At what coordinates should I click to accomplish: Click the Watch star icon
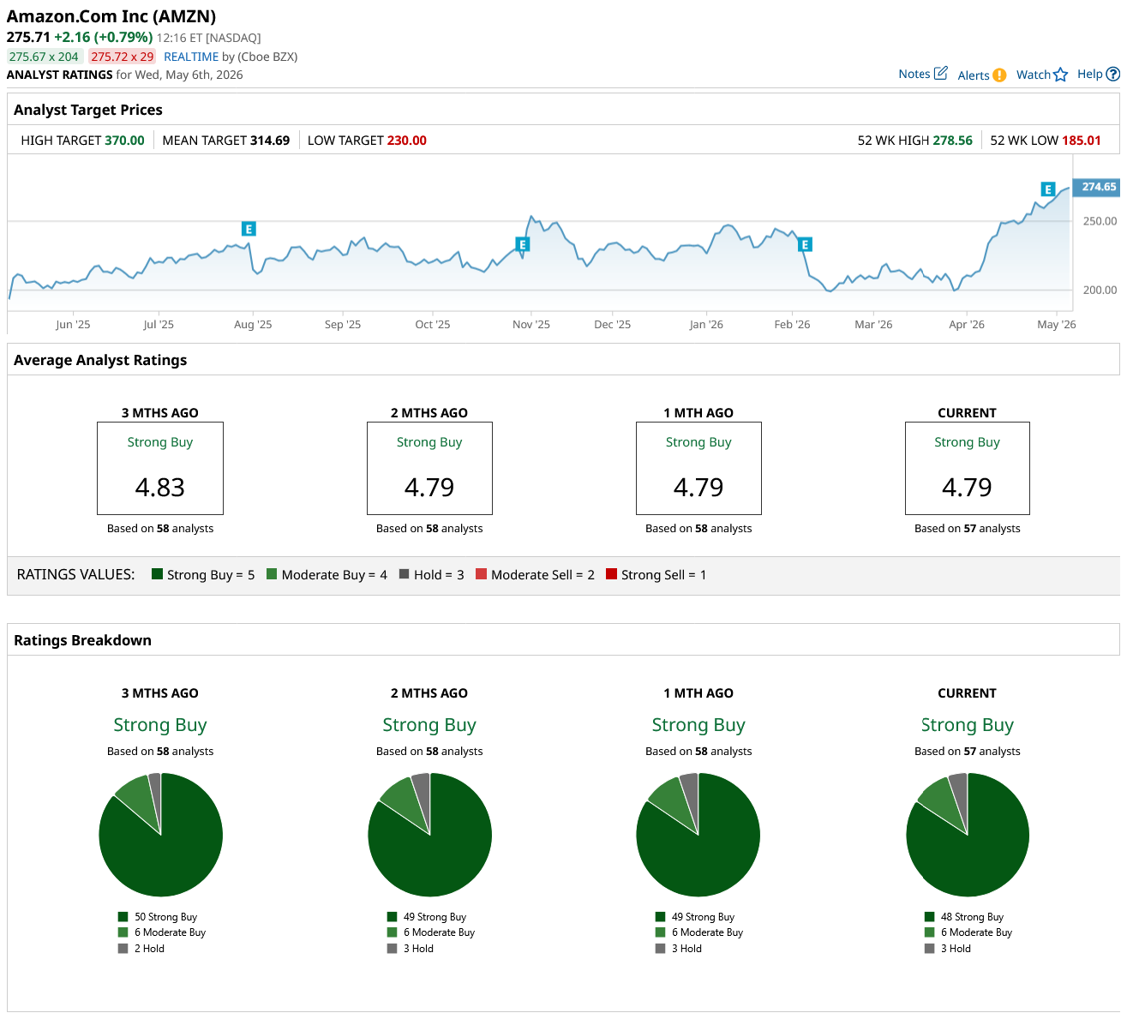coord(1060,75)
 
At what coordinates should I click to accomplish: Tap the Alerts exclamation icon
coord(999,75)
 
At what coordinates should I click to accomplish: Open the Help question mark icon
coord(1113,74)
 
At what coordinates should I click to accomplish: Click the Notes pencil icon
coord(941,73)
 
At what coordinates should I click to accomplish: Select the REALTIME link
coord(190,57)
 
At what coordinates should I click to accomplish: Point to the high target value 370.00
coord(124,141)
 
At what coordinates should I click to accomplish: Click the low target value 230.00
coord(406,141)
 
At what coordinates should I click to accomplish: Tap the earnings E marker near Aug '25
coord(249,229)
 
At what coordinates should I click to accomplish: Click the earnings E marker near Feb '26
coord(805,244)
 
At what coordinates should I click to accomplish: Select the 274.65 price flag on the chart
coord(1098,187)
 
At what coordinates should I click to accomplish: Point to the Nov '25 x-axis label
coord(531,324)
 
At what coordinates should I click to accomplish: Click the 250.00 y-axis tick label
coord(1100,221)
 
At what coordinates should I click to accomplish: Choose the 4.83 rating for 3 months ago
coord(159,487)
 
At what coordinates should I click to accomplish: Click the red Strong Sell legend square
coord(611,573)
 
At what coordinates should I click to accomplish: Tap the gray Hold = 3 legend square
coord(404,573)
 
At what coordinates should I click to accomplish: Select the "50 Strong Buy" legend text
coord(165,917)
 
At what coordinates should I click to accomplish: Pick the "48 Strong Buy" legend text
coord(972,917)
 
